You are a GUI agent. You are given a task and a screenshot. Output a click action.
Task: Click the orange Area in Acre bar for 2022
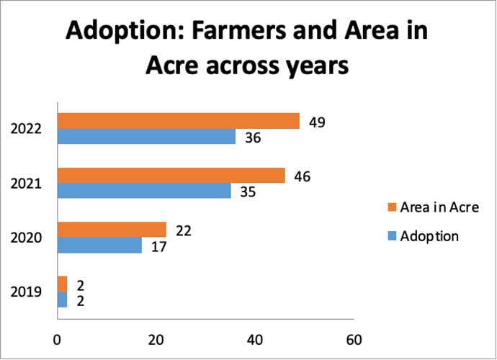pos(178,121)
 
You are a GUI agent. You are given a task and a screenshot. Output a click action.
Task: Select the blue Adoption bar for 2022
pos(146,137)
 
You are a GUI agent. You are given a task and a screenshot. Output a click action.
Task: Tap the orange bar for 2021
pos(171,175)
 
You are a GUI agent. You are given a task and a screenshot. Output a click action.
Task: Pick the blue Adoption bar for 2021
pos(144,191)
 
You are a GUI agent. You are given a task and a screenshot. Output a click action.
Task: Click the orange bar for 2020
pos(112,230)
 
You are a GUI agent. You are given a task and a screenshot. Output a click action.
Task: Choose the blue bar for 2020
pos(99,246)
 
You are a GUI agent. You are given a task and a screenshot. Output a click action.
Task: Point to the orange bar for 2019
pos(62,284)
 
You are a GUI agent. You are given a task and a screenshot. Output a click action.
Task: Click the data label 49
pos(317,122)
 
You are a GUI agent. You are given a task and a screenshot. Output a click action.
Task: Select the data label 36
pos(253,138)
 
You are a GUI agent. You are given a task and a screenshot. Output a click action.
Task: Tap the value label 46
pos(303,176)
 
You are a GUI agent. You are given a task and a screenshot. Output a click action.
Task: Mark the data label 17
pos(159,246)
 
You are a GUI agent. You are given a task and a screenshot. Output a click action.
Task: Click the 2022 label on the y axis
pos(26,130)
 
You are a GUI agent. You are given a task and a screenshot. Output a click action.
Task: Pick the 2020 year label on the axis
pos(26,238)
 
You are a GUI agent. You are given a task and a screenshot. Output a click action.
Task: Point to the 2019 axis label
pos(26,292)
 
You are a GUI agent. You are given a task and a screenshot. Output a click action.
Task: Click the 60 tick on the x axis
pos(353,339)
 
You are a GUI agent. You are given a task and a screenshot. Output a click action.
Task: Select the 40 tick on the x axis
pos(254,339)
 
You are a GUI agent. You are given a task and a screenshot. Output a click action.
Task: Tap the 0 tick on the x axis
pos(57,339)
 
